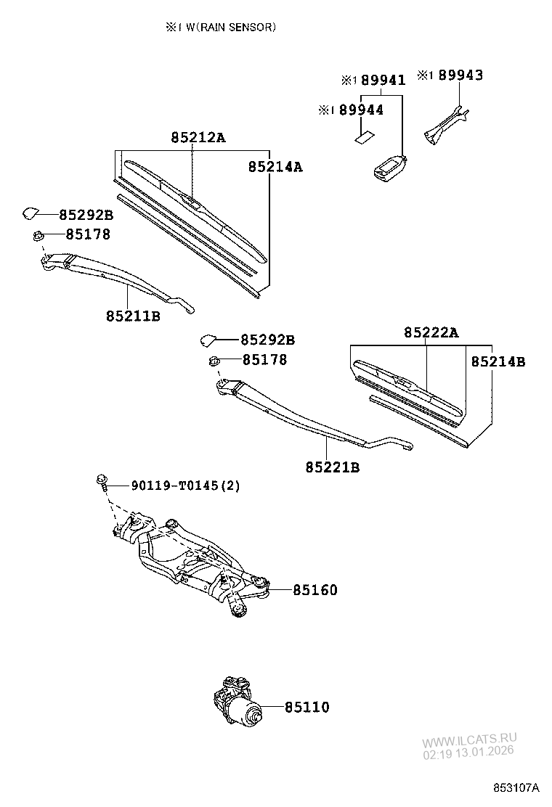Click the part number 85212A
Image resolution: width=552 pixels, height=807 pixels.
[198, 137]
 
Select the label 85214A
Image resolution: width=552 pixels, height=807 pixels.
[275, 167]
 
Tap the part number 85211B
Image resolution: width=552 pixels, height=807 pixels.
[133, 316]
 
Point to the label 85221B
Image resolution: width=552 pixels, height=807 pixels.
[333, 467]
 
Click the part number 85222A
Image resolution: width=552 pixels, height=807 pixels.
[431, 332]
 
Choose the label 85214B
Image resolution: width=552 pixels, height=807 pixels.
[498, 361]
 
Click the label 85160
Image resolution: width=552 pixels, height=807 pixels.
[315, 591]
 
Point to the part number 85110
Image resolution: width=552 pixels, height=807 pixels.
[307, 707]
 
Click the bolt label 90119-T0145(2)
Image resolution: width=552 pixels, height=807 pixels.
[185, 485]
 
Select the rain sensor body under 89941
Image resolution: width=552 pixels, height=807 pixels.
[389, 170]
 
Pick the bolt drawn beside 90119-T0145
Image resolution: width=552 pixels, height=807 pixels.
[102, 481]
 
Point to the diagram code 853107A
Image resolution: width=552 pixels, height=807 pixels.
[517, 787]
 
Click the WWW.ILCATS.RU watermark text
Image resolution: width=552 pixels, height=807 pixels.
[469, 741]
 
